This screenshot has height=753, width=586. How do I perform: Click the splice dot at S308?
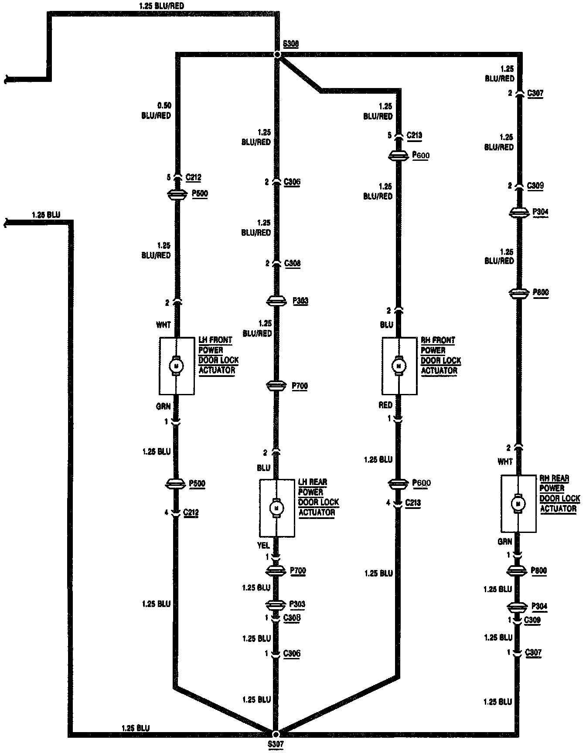tap(277, 54)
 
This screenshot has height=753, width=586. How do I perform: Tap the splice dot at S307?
tap(276, 734)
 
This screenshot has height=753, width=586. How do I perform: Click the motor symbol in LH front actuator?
tap(177, 366)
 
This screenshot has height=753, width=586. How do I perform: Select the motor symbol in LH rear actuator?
tap(276, 508)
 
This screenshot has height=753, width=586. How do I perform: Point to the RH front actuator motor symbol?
tap(399, 366)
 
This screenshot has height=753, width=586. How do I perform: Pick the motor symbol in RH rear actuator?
tap(518, 503)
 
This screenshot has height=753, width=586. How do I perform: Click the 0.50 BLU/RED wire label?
tap(156, 111)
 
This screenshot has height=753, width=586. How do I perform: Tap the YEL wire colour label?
tap(263, 546)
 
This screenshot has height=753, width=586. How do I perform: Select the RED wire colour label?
tap(385, 405)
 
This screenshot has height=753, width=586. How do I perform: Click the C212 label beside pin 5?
tap(193, 177)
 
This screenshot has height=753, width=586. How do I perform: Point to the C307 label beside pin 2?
tap(535, 93)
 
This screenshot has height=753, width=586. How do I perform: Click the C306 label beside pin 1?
tap(292, 654)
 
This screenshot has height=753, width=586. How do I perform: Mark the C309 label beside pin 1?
tap(532, 620)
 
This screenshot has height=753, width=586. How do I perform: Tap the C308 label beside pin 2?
tap(292, 263)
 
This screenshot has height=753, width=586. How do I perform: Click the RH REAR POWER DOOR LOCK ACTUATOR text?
tap(560, 493)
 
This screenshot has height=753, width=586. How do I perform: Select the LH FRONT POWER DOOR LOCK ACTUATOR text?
tap(218, 355)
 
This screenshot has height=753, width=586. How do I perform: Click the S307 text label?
tap(276, 745)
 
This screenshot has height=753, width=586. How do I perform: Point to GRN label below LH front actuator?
tap(164, 406)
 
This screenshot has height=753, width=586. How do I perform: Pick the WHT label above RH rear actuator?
tap(505, 461)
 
